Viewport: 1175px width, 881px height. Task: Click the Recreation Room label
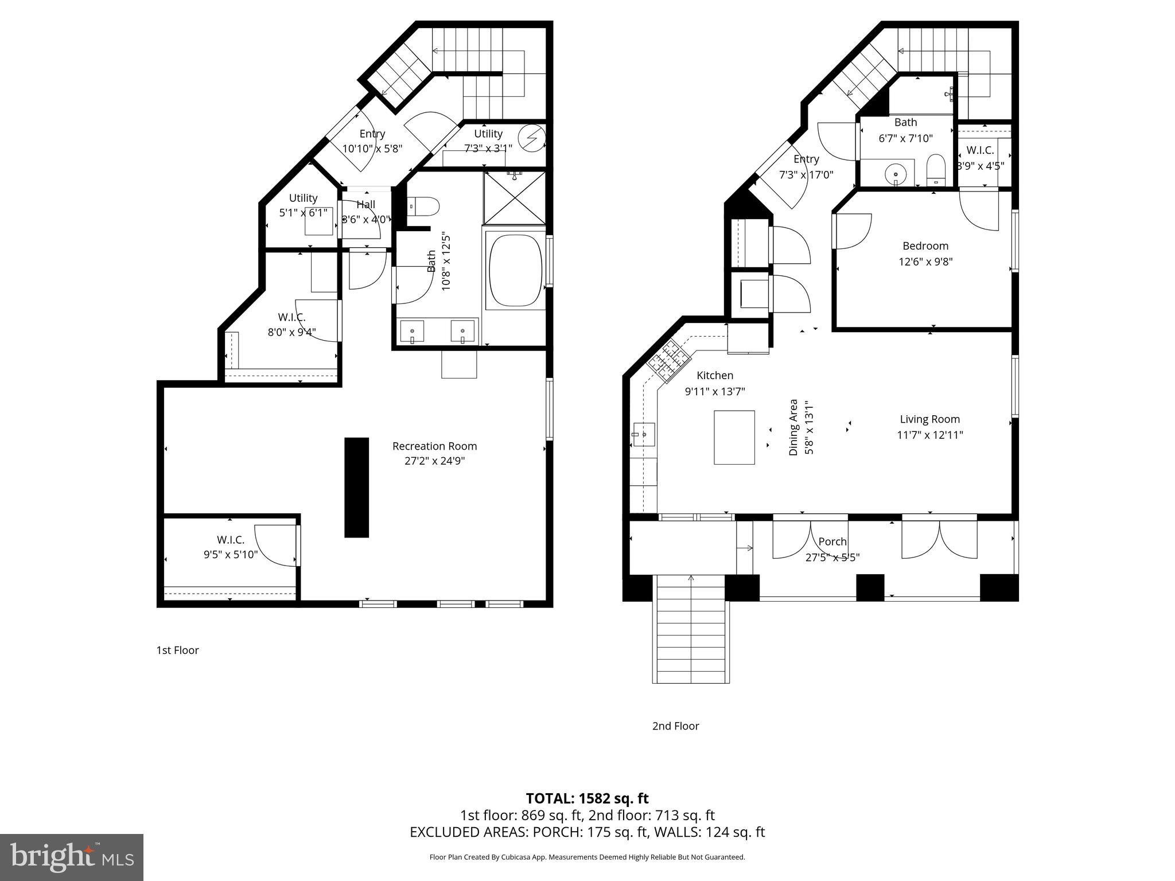point(434,446)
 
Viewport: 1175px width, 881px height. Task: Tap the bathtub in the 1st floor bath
point(515,270)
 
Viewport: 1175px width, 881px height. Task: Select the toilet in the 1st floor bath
point(423,206)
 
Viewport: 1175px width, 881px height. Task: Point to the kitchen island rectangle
point(734,437)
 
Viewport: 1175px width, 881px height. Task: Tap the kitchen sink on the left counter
point(644,435)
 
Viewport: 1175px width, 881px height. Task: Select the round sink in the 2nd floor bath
point(895,173)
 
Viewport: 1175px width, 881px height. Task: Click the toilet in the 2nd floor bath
point(936,169)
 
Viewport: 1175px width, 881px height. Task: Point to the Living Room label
point(929,419)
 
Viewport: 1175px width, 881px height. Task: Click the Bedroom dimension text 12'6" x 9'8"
point(925,262)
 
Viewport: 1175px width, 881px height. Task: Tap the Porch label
point(832,541)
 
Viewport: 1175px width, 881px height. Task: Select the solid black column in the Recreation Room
point(356,488)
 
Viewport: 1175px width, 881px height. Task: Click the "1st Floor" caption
point(177,650)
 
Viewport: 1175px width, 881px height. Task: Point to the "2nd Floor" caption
point(675,726)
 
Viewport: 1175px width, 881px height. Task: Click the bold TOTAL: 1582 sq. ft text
point(587,798)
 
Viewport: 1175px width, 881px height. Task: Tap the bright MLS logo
point(72,857)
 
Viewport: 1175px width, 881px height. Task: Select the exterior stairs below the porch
point(691,629)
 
